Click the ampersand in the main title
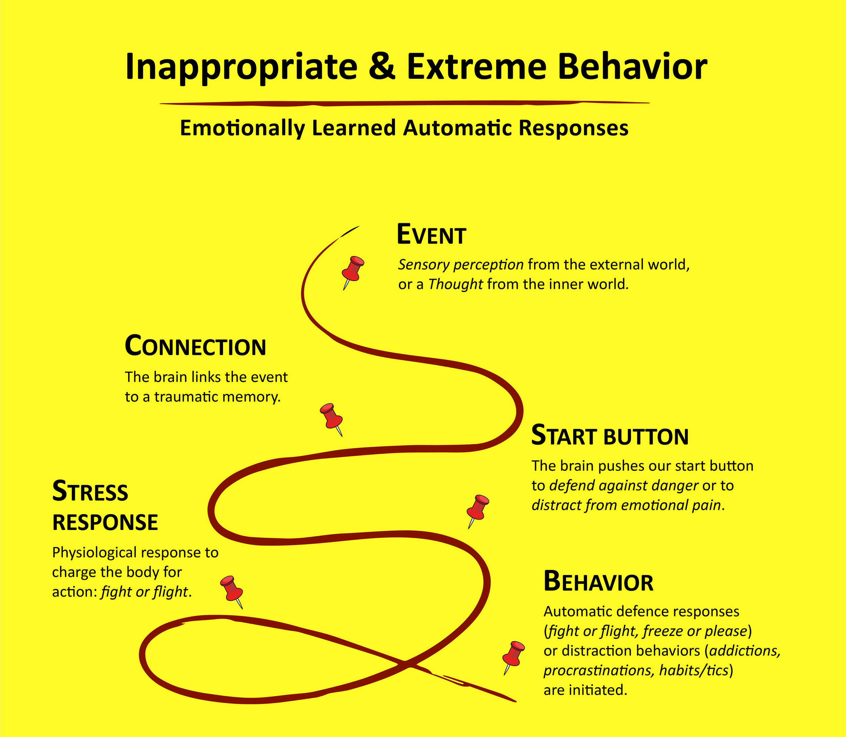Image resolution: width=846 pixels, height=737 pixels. tap(382, 67)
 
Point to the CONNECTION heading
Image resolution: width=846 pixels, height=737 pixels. tap(196, 346)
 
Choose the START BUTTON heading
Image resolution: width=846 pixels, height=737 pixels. tap(610, 436)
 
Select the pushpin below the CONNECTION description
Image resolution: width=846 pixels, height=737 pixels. tap(331, 417)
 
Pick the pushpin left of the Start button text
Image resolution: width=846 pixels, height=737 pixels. tap(477, 509)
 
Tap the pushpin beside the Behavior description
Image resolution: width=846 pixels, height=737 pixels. tap(513, 655)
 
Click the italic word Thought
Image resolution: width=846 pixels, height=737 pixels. tap(455, 284)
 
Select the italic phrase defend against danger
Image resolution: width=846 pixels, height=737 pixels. tap(623, 486)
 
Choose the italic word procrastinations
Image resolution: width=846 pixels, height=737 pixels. tap(599, 670)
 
